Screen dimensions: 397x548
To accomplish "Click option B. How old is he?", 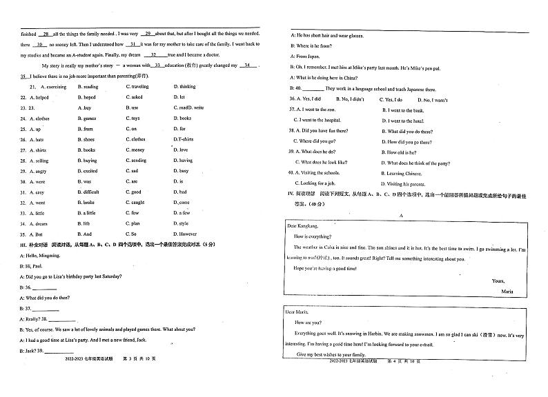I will click(x=401, y=152).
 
